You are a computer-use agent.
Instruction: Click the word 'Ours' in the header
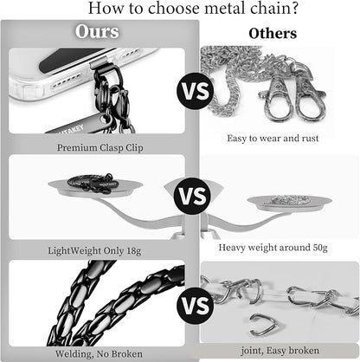[97, 31]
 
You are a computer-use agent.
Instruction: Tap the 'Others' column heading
[273, 34]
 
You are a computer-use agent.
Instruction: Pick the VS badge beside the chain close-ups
[196, 306]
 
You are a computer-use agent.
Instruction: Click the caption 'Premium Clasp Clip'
[100, 148]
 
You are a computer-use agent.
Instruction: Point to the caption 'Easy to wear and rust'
[273, 139]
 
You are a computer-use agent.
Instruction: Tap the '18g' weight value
[133, 250]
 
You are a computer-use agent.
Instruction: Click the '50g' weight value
[320, 248]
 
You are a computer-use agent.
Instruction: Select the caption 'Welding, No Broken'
[99, 353]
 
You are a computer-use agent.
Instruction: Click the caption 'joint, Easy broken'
[280, 351]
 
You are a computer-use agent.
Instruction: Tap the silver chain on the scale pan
[289, 201]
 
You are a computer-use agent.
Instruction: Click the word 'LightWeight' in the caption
[74, 250]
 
